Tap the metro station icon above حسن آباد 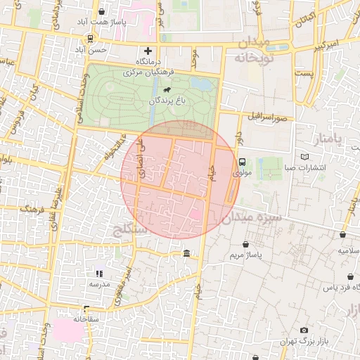click(90, 38)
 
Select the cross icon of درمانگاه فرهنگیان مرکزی click(148, 51)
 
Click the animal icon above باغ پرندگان click(167, 90)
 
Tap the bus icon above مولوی click(243, 161)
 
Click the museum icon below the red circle click(186, 254)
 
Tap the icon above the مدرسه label click(99, 273)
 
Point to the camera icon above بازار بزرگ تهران click(304, 330)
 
